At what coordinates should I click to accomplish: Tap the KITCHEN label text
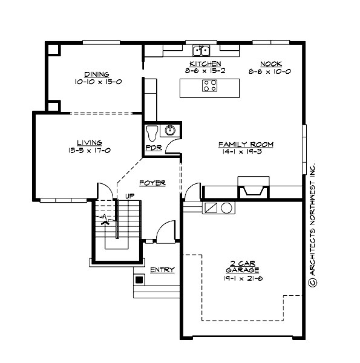pos(205,64)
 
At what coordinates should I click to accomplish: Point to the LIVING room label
pos(89,143)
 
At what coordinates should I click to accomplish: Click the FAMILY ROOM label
pos(246,145)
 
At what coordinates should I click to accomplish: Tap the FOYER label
pos(152,182)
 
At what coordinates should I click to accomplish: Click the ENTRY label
pos(162,269)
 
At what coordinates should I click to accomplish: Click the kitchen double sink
pos(201,50)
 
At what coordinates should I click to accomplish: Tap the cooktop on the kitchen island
pos(209,86)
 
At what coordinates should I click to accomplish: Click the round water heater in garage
pos(227,208)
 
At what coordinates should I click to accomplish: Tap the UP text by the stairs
pos(129,196)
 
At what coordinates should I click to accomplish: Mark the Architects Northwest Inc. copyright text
pos(312,224)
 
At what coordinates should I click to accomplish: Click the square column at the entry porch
pos(139,280)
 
